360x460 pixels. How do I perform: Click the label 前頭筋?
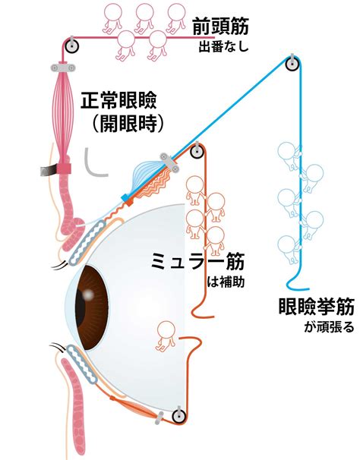point(221,26)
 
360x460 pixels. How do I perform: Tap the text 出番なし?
point(224,47)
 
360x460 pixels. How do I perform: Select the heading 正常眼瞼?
point(119,101)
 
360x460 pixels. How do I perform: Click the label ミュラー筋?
point(197,261)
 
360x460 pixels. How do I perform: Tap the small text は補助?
point(226,282)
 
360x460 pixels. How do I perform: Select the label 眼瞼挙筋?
point(316,307)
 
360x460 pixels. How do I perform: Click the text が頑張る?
point(329,327)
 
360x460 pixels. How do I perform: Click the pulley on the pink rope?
point(71,46)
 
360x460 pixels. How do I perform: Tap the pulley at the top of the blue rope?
point(292,63)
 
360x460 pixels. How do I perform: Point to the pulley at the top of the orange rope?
point(197,151)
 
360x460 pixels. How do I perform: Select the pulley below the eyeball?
point(178,416)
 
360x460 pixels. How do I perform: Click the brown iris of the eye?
point(92,307)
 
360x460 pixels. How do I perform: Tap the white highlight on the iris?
point(88,294)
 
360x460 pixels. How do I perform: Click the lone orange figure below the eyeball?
point(166,336)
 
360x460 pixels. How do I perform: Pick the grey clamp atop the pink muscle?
point(62,68)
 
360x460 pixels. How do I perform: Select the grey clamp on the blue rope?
point(170,162)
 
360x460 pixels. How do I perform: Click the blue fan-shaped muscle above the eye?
point(146,175)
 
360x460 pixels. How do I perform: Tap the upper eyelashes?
point(61,265)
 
